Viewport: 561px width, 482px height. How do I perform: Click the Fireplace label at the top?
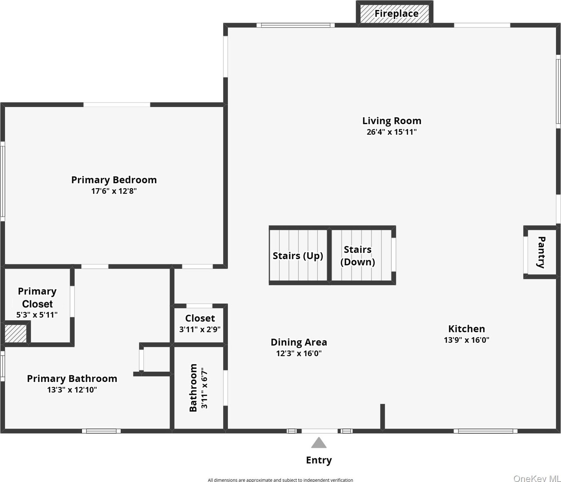[x=396, y=14]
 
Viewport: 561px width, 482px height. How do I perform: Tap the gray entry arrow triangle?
[x=319, y=443]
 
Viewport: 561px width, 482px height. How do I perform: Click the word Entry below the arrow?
[x=319, y=460]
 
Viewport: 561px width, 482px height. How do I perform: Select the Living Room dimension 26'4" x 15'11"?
[x=391, y=132]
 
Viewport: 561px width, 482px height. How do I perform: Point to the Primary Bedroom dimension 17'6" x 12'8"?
[x=114, y=191]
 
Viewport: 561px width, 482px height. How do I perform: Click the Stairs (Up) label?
[x=298, y=256]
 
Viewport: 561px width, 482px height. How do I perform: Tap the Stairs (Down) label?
[x=358, y=256]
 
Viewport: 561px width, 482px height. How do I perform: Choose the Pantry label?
[x=542, y=252]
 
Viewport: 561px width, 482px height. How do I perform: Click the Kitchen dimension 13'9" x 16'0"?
[x=466, y=340]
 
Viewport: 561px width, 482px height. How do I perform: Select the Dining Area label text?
[x=299, y=342]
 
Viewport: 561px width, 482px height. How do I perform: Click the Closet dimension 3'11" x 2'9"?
[x=200, y=329]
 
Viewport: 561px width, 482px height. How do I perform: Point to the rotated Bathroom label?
[x=193, y=387]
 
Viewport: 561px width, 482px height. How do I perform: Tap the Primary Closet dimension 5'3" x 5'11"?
[x=37, y=315]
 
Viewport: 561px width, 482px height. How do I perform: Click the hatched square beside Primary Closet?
[x=15, y=334]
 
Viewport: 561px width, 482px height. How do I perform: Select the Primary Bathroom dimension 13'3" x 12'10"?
[x=72, y=390]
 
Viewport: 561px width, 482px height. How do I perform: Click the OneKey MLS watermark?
[x=537, y=478]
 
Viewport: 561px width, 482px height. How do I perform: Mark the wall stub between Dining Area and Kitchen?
[x=382, y=416]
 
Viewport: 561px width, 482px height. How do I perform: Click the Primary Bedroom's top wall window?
[x=117, y=105]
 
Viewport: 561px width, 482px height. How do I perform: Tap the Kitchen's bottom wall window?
[x=485, y=431]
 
